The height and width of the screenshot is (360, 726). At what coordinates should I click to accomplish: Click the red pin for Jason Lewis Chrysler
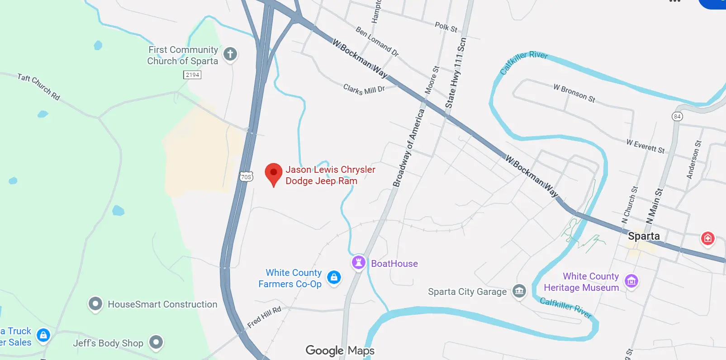pyautogui.click(x=273, y=174)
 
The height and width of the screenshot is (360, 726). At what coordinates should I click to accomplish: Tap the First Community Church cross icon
pyautogui.click(x=230, y=54)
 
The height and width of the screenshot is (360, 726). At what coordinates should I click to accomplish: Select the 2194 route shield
pyautogui.click(x=192, y=75)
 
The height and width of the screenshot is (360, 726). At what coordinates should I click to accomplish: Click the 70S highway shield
pyautogui.click(x=246, y=177)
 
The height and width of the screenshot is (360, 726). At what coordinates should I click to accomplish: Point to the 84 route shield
pyautogui.click(x=677, y=116)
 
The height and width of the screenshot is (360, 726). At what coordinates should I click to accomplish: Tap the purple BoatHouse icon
pyautogui.click(x=358, y=262)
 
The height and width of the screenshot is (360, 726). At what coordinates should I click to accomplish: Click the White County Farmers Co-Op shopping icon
pyautogui.click(x=334, y=277)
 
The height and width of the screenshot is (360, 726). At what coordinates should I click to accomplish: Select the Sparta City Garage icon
pyautogui.click(x=519, y=291)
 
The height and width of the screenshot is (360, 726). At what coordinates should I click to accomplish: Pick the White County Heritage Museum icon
pyautogui.click(x=631, y=281)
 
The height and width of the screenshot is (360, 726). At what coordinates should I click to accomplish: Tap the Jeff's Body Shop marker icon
pyautogui.click(x=156, y=342)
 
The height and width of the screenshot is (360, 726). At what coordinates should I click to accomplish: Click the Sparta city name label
pyautogui.click(x=644, y=236)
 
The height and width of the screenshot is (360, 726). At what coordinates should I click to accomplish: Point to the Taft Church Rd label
pyautogui.click(x=38, y=86)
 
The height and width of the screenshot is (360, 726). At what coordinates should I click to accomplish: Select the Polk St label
pyautogui.click(x=446, y=27)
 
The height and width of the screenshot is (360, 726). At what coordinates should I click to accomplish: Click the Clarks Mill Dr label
pyautogui.click(x=364, y=89)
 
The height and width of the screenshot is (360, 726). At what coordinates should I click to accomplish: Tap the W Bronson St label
pyautogui.click(x=574, y=93)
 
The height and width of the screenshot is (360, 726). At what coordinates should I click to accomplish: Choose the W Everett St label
pyautogui.click(x=645, y=146)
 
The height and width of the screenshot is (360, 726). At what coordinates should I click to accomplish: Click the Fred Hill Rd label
pyautogui.click(x=264, y=317)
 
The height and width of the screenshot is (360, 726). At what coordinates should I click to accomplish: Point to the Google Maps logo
pyautogui.click(x=340, y=351)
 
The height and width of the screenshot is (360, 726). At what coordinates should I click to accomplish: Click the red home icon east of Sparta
pyautogui.click(x=707, y=238)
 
